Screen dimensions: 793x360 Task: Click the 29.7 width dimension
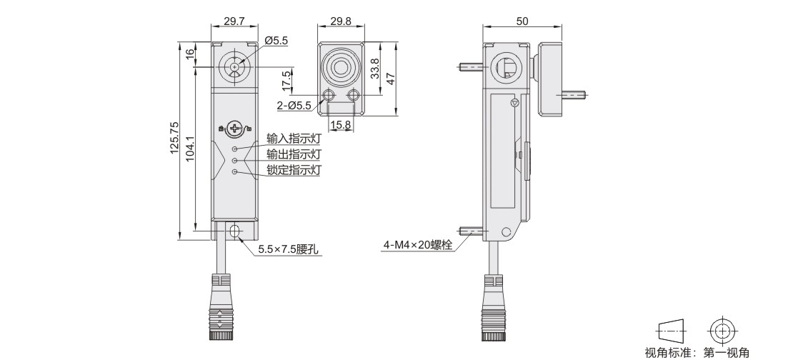click(x=234, y=21)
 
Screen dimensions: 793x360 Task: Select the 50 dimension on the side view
click(x=522, y=21)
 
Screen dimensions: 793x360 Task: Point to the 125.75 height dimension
click(x=174, y=138)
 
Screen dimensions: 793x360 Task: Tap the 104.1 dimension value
click(x=190, y=149)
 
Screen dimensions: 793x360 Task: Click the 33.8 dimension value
click(x=375, y=69)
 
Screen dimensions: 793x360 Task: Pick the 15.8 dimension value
click(x=340, y=124)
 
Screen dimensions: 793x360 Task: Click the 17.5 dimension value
click(x=286, y=81)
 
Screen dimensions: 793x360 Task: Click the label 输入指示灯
click(x=294, y=138)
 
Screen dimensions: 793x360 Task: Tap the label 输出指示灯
click(x=294, y=154)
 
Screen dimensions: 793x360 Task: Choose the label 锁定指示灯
click(x=294, y=170)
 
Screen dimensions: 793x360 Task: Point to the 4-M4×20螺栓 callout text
click(x=418, y=245)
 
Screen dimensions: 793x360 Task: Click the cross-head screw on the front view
click(x=234, y=129)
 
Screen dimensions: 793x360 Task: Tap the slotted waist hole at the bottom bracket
click(x=234, y=232)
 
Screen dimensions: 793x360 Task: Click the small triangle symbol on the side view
click(x=515, y=103)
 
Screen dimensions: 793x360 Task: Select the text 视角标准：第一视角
click(x=697, y=352)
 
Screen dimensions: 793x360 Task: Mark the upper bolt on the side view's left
click(x=473, y=66)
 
